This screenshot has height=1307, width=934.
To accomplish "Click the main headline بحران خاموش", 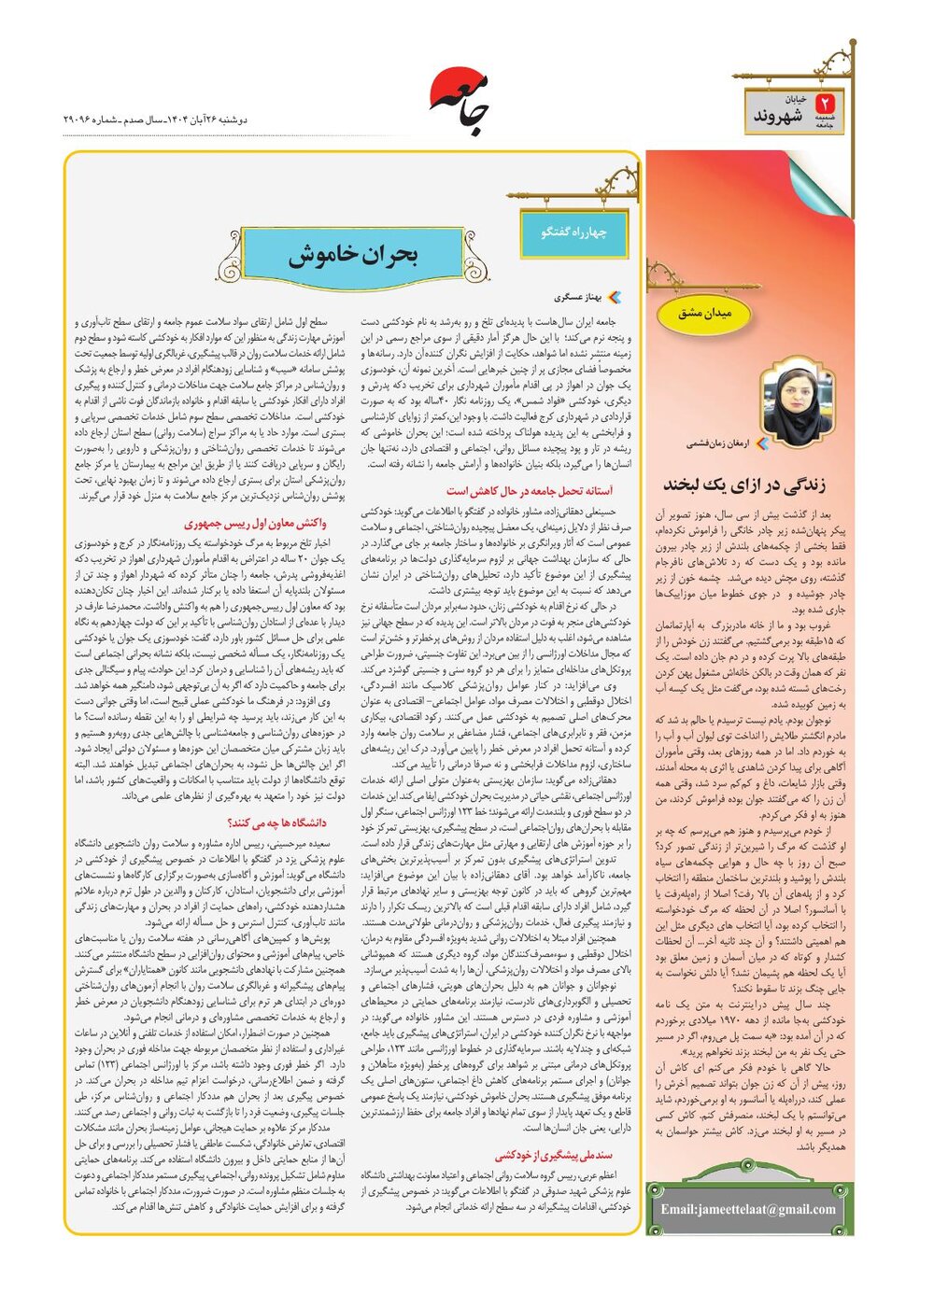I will pyautogui.click(x=352, y=255).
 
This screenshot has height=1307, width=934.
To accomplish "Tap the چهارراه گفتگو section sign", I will pyautogui.click(x=573, y=232).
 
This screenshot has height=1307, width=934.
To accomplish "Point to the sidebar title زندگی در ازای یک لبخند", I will pyautogui.click(x=744, y=484).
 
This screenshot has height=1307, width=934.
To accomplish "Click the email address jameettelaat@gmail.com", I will pyautogui.click(x=748, y=1209).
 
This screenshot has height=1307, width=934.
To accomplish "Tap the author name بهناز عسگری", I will pyautogui.click(x=578, y=298).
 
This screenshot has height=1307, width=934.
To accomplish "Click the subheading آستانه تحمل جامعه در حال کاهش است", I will pyautogui.click(x=529, y=491).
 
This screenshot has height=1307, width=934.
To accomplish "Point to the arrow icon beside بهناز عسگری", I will pyautogui.click(x=613, y=298).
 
